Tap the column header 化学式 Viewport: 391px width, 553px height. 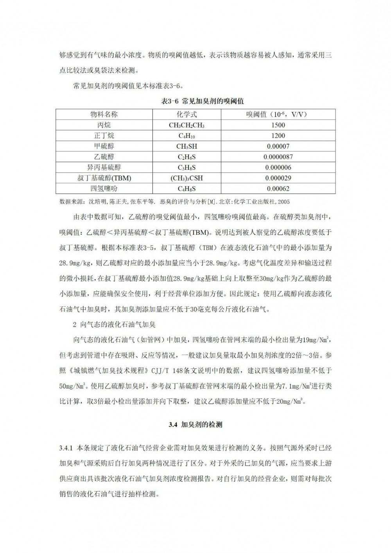187,115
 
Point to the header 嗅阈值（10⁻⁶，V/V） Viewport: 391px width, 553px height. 278,115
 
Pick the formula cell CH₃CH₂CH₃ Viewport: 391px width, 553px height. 187,126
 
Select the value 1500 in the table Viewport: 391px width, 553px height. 278,125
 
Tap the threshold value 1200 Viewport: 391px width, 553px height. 278,136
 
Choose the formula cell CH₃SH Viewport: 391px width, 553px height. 187,147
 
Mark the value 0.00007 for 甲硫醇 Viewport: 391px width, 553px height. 278,146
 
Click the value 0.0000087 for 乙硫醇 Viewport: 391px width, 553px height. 278,157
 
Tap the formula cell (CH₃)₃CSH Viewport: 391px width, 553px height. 187,178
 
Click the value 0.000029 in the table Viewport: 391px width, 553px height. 278,178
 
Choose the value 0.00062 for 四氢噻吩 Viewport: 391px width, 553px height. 278,189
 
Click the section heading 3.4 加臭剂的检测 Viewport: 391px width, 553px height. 195,424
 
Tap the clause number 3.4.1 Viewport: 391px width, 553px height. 66,448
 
